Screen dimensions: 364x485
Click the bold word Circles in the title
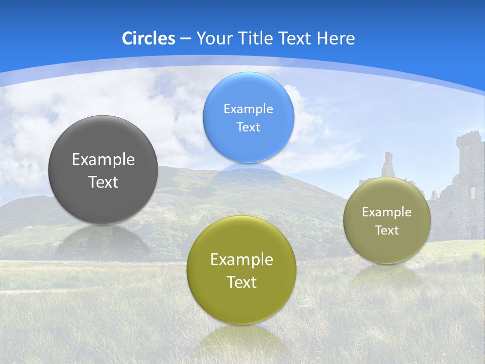tap(149, 38)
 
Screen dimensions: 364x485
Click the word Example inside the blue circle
tap(248, 109)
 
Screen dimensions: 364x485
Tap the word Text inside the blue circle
tap(248, 127)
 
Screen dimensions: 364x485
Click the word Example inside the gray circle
tap(103, 160)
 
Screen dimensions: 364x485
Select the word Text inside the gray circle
tap(103, 182)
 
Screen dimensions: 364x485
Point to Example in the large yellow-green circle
tap(241, 260)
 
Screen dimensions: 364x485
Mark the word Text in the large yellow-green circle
tap(241, 282)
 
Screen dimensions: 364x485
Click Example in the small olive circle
tap(386, 212)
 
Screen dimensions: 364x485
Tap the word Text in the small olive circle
tap(386, 231)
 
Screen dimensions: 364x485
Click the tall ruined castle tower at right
tap(471, 157)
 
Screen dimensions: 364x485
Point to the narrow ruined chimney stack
tap(387, 164)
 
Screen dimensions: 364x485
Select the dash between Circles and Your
tap(185, 39)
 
